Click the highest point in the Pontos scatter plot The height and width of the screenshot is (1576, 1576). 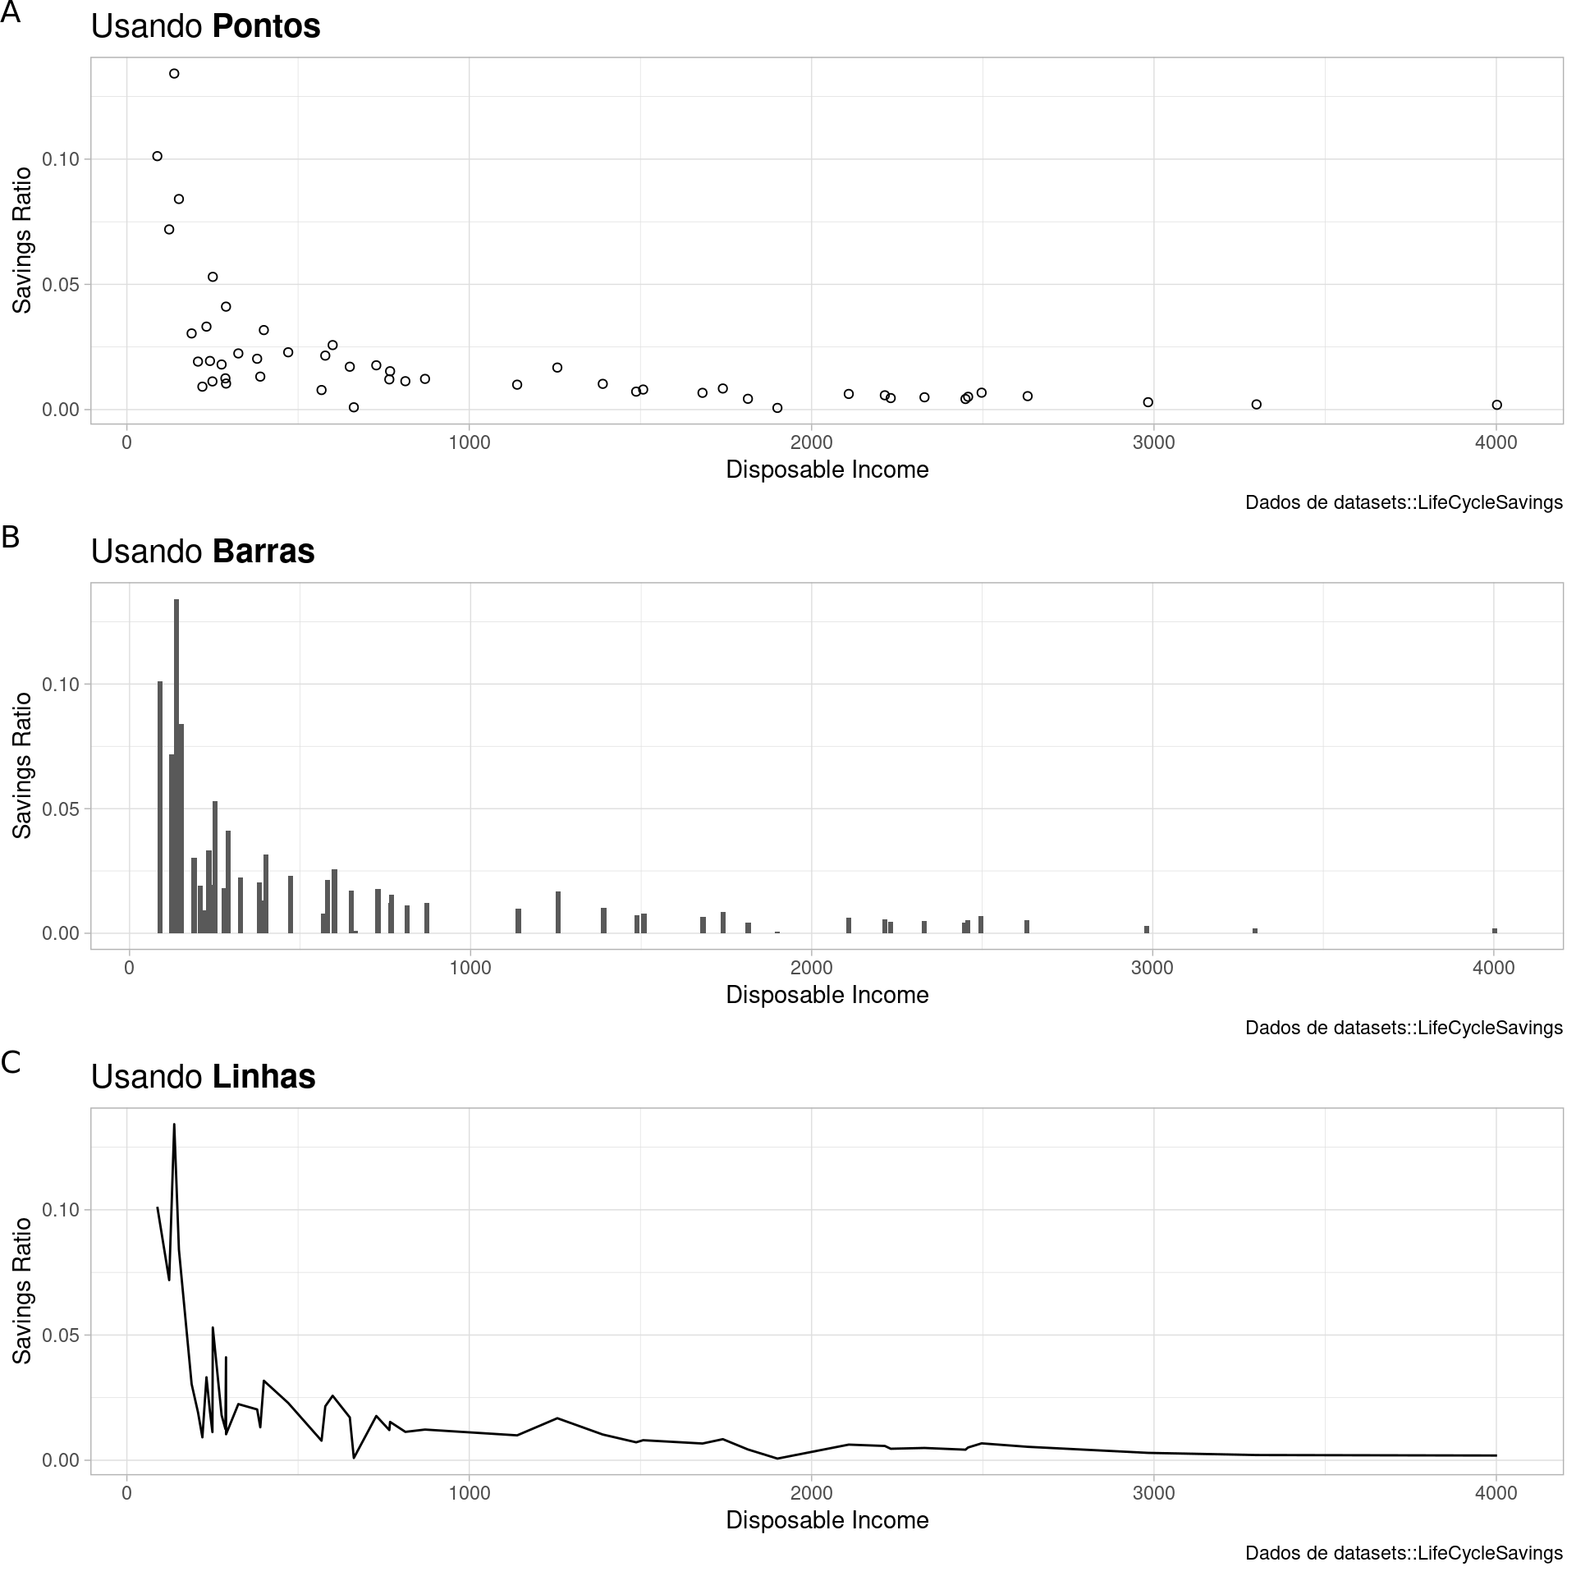click(174, 74)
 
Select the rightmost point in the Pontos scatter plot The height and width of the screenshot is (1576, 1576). click(1496, 405)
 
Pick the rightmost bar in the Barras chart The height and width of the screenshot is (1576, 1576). click(1495, 931)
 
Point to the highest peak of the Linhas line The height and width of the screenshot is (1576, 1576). click(174, 1125)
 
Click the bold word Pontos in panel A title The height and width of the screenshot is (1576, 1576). click(266, 26)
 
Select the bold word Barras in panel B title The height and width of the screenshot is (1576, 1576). click(263, 552)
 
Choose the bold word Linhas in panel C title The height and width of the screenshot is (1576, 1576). click(263, 1077)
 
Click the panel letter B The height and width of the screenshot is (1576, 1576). click(11, 537)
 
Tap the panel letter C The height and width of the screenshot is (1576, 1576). click(11, 1062)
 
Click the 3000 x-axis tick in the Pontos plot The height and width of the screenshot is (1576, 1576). click(1153, 443)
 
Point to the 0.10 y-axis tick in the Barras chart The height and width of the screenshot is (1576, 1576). click(62, 685)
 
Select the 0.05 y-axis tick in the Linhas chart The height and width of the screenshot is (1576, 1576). click(62, 1335)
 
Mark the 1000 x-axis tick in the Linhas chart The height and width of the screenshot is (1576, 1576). click(469, 1493)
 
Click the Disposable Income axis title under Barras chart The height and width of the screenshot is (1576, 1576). click(827, 995)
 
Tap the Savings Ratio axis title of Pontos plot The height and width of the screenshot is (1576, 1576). click(22, 241)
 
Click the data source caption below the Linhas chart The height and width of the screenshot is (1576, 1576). click(1403, 1553)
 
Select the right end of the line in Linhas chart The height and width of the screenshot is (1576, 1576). click(1496, 1455)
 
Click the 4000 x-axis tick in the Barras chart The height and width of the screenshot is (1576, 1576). click(1494, 969)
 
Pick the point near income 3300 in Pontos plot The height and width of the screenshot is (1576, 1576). click(1256, 405)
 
